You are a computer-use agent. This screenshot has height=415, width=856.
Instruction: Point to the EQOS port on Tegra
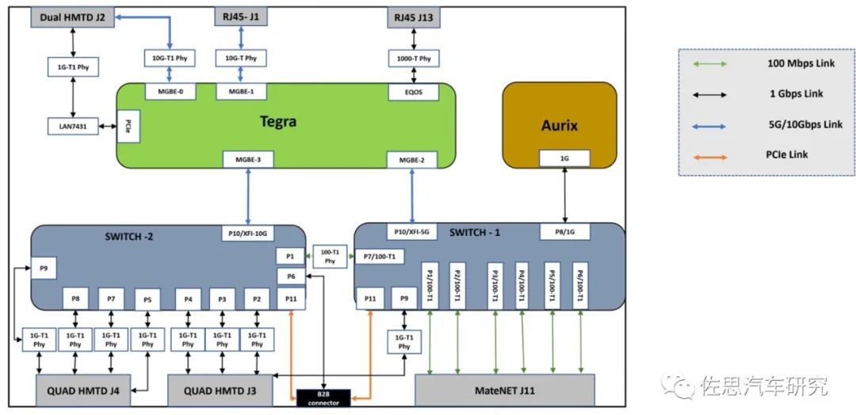coord(412,93)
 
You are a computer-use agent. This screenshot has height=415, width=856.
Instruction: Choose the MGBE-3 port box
coord(248,158)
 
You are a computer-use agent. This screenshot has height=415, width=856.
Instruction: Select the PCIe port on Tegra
coord(128,127)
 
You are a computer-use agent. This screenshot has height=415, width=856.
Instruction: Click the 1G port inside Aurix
coord(564,159)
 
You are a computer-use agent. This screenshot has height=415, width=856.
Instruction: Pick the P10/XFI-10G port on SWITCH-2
coord(249,234)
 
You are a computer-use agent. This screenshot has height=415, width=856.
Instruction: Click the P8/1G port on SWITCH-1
coord(564,232)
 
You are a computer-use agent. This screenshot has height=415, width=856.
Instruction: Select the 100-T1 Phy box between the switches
coord(329,257)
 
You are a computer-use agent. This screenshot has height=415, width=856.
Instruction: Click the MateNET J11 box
coord(504,390)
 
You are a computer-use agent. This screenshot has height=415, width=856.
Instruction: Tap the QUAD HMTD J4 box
coord(82,390)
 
